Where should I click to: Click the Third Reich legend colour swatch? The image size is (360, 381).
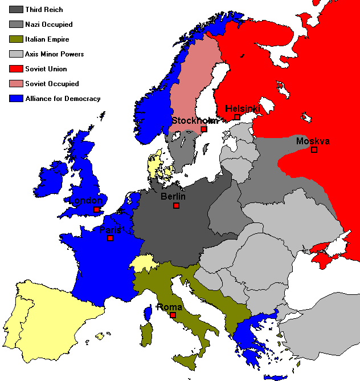click(x=16, y=10)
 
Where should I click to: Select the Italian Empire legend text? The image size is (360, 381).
click(x=47, y=39)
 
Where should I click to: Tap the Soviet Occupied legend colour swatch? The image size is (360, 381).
click(x=16, y=84)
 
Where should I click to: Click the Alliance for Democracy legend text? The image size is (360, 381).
click(x=63, y=99)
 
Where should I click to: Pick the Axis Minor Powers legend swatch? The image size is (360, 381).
click(x=16, y=54)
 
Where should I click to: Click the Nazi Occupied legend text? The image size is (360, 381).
click(x=49, y=25)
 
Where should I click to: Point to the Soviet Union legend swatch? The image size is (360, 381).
click(x=16, y=69)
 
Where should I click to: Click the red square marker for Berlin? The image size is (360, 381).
click(x=177, y=205)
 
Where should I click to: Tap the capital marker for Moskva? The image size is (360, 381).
click(x=314, y=150)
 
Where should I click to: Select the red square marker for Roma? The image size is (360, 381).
click(x=173, y=315)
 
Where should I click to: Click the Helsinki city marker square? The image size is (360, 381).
click(x=237, y=117)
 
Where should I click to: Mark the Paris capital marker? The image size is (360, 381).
click(x=111, y=238)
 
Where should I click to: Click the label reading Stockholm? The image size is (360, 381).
click(x=195, y=120)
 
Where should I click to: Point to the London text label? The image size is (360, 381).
click(x=85, y=201)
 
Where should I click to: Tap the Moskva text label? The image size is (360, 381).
click(x=313, y=141)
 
